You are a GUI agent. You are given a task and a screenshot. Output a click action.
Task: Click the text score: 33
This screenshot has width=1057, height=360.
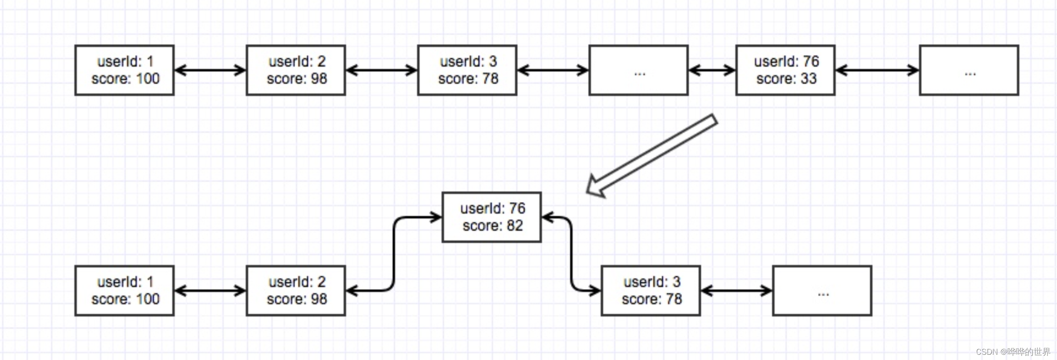tap(786, 79)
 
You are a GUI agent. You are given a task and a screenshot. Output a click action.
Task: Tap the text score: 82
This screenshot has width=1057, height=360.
tap(493, 225)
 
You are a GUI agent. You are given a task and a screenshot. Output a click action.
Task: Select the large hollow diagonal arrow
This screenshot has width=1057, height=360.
tap(652, 156)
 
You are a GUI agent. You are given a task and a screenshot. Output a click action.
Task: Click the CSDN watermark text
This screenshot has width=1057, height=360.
tap(1013, 352)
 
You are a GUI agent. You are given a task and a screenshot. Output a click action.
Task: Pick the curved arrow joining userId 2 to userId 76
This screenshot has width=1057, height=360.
tap(394, 254)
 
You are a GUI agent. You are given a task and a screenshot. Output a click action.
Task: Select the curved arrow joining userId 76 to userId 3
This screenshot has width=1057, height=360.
tap(571, 254)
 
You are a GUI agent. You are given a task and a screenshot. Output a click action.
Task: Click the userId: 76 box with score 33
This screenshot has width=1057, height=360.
tap(785, 70)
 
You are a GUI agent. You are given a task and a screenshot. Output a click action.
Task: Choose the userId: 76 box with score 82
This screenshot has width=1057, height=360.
tap(492, 217)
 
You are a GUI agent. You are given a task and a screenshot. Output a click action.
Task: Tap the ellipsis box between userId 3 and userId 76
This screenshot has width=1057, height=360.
tap(638, 70)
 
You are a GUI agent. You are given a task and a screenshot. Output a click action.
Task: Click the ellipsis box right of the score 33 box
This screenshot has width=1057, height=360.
tap(969, 70)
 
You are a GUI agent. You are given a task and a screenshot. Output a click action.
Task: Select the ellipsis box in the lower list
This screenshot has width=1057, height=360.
tap(822, 291)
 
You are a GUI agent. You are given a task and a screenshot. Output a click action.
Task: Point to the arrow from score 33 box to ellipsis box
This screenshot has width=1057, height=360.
tap(877, 70)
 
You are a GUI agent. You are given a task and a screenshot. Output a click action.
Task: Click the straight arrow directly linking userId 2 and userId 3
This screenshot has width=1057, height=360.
tap(382, 70)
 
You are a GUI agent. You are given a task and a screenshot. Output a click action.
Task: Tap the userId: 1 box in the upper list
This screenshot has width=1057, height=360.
tap(124, 70)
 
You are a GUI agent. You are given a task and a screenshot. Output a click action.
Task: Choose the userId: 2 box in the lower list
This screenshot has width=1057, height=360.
tap(296, 291)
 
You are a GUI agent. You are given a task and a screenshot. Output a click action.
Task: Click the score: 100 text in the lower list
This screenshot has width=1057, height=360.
tap(125, 299)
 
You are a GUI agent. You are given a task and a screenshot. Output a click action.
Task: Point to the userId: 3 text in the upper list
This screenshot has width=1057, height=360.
tap(468, 61)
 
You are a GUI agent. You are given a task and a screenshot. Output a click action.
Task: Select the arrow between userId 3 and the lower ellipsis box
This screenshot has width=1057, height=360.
tap(737, 291)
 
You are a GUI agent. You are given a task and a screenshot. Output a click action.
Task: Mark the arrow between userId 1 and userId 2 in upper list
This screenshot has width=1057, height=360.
tap(210, 70)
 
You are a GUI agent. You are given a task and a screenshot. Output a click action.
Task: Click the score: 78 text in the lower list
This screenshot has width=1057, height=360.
tap(652, 299)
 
